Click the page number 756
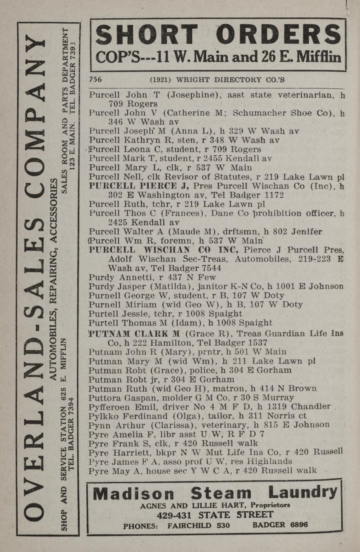tap(96, 79)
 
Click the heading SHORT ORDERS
tap(218, 36)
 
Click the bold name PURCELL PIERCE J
tap(139, 186)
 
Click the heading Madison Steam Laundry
tap(215, 493)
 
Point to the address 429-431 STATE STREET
tap(215, 515)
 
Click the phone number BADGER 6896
tap(280, 525)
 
